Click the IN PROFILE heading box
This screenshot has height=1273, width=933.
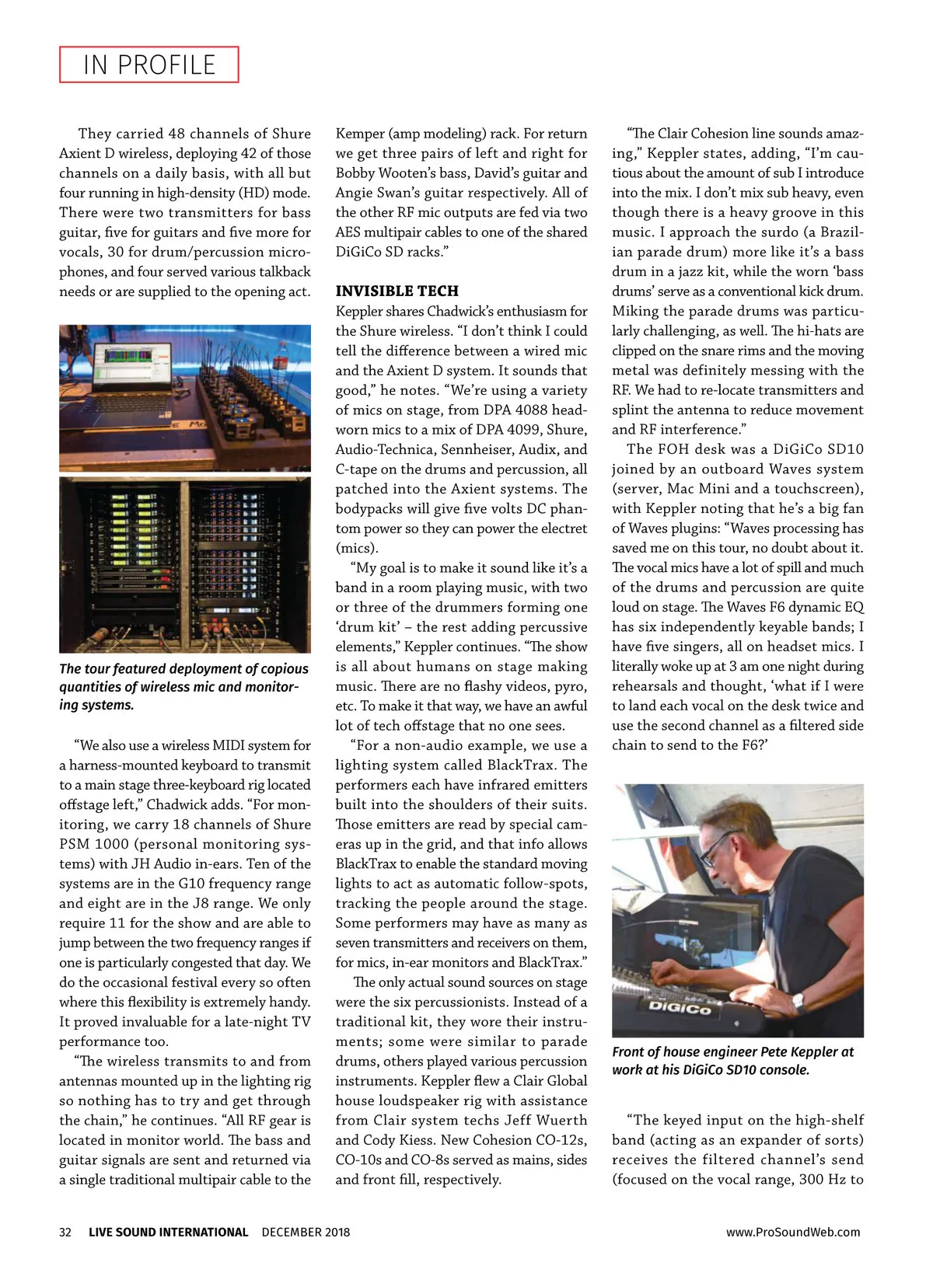point(149,65)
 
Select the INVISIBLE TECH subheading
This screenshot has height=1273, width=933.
point(397,291)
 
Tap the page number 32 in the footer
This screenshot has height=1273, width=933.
point(65,1232)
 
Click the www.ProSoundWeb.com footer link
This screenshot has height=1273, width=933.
point(793,1232)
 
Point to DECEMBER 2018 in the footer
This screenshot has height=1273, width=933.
point(306,1232)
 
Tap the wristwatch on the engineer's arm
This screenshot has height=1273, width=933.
point(798,1002)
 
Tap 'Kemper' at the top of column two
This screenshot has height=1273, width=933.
point(359,134)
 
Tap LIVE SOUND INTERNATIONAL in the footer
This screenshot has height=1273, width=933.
point(168,1232)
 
